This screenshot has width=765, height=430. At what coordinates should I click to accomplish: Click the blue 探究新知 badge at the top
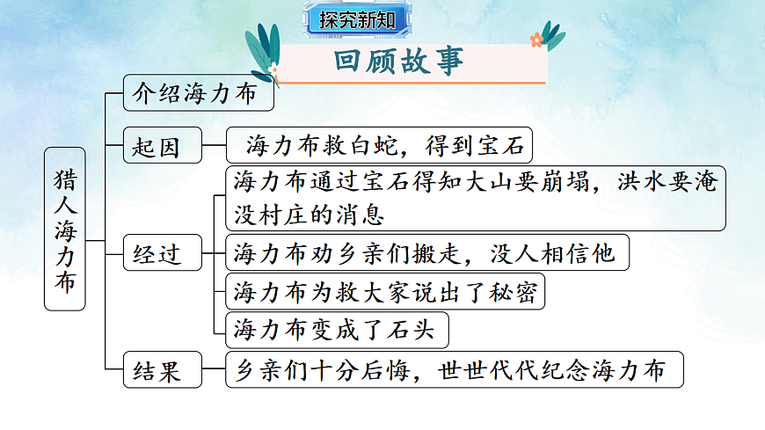(x=358, y=19)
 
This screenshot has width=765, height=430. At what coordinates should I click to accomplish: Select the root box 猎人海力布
(x=65, y=229)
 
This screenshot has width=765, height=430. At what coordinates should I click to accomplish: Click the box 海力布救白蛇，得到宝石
(x=380, y=146)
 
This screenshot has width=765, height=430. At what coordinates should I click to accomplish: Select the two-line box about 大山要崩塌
(x=476, y=198)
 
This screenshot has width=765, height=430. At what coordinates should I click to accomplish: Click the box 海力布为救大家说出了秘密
(x=385, y=292)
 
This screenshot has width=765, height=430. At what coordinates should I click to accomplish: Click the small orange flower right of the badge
(x=536, y=39)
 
